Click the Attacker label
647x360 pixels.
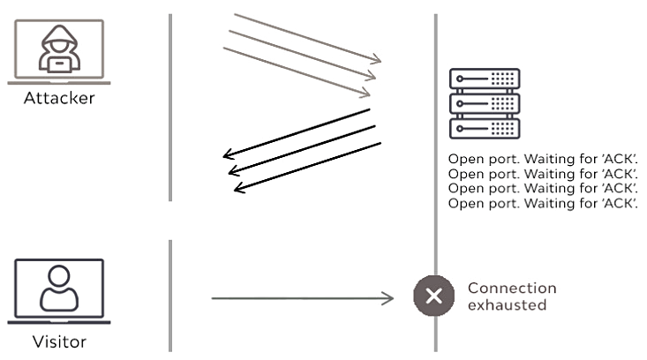(60, 98)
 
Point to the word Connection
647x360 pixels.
(512, 289)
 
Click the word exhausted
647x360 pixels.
(507, 305)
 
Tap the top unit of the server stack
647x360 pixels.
(484, 79)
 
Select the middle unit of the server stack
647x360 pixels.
(484, 103)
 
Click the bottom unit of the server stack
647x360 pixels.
(484, 128)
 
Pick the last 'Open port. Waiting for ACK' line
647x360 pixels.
(542, 204)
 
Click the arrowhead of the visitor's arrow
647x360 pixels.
(389, 299)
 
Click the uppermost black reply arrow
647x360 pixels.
(296, 135)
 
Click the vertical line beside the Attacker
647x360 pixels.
(169, 106)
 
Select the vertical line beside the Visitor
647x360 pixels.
(169, 296)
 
